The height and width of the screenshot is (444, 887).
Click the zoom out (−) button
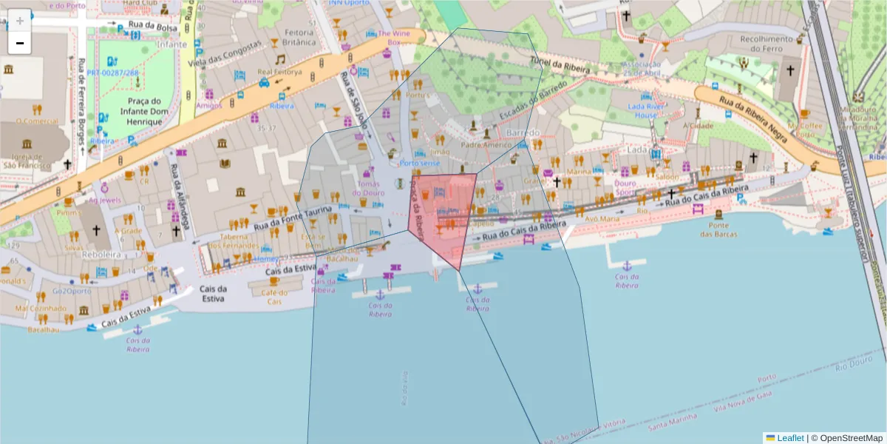(x=20, y=44)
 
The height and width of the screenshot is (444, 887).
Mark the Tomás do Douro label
(x=369, y=188)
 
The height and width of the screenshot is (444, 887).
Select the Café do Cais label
(x=274, y=297)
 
